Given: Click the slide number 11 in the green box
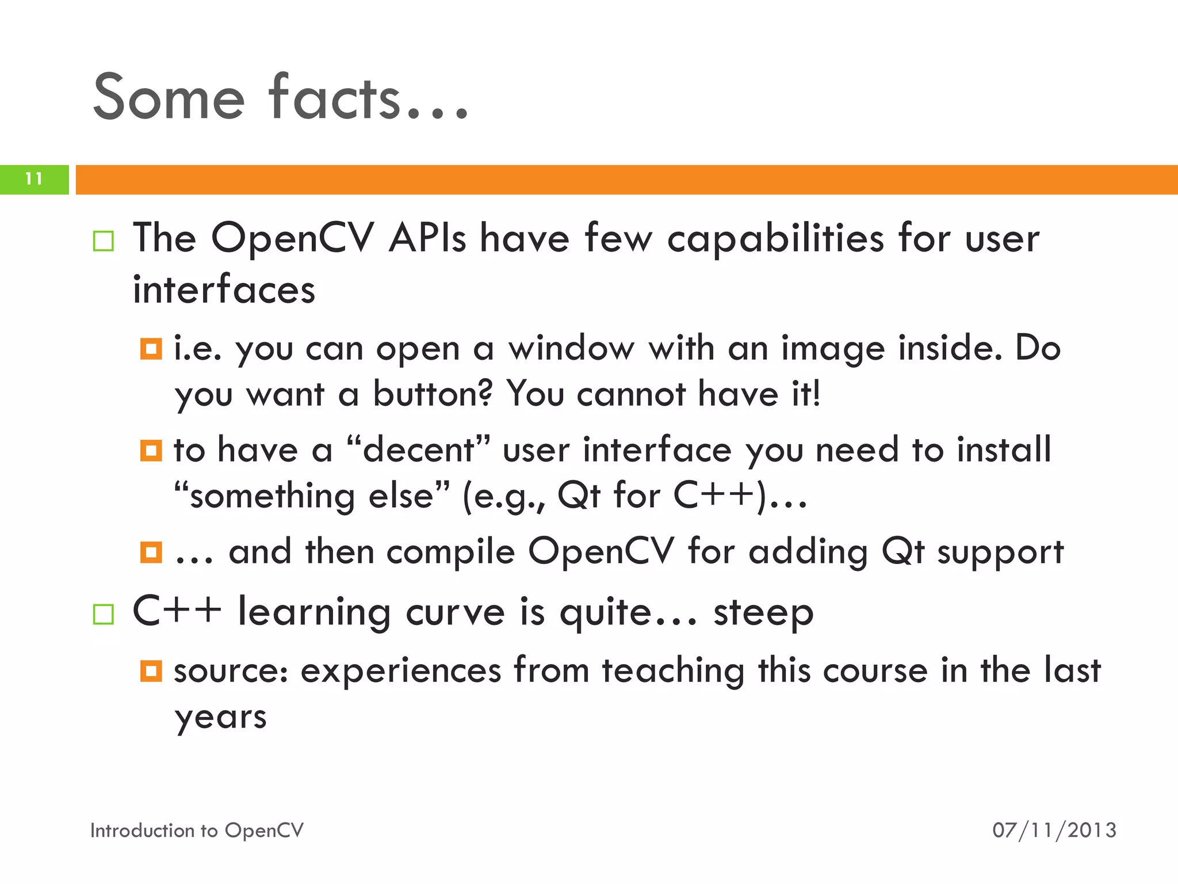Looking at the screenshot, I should pyautogui.click(x=34, y=179).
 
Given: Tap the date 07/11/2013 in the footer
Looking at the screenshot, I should pyautogui.click(x=1054, y=830).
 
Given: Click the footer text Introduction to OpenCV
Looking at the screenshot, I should pyautogui.click(x=197, y=830).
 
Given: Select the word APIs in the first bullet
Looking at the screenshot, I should pyautogui.click(x=427, y=238).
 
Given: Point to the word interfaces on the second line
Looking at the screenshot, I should pyautogui.click(x=224, y=289).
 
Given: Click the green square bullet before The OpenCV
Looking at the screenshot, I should pyautogui.click(x=104, y=241).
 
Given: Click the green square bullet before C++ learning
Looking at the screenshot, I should pyautogui.click(x=104, y=614).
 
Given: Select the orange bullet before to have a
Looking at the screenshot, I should pyautogui.click(x=151, y=451).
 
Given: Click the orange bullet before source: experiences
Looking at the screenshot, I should pyautogui.click(x=151, y=671).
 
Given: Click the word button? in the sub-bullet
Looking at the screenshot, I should pyautogui.click(x=433, y=394).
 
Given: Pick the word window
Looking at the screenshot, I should pyautogui.click(x=571, y=349).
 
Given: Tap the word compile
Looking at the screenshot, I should pyautogui.click(x=450, y=552).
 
